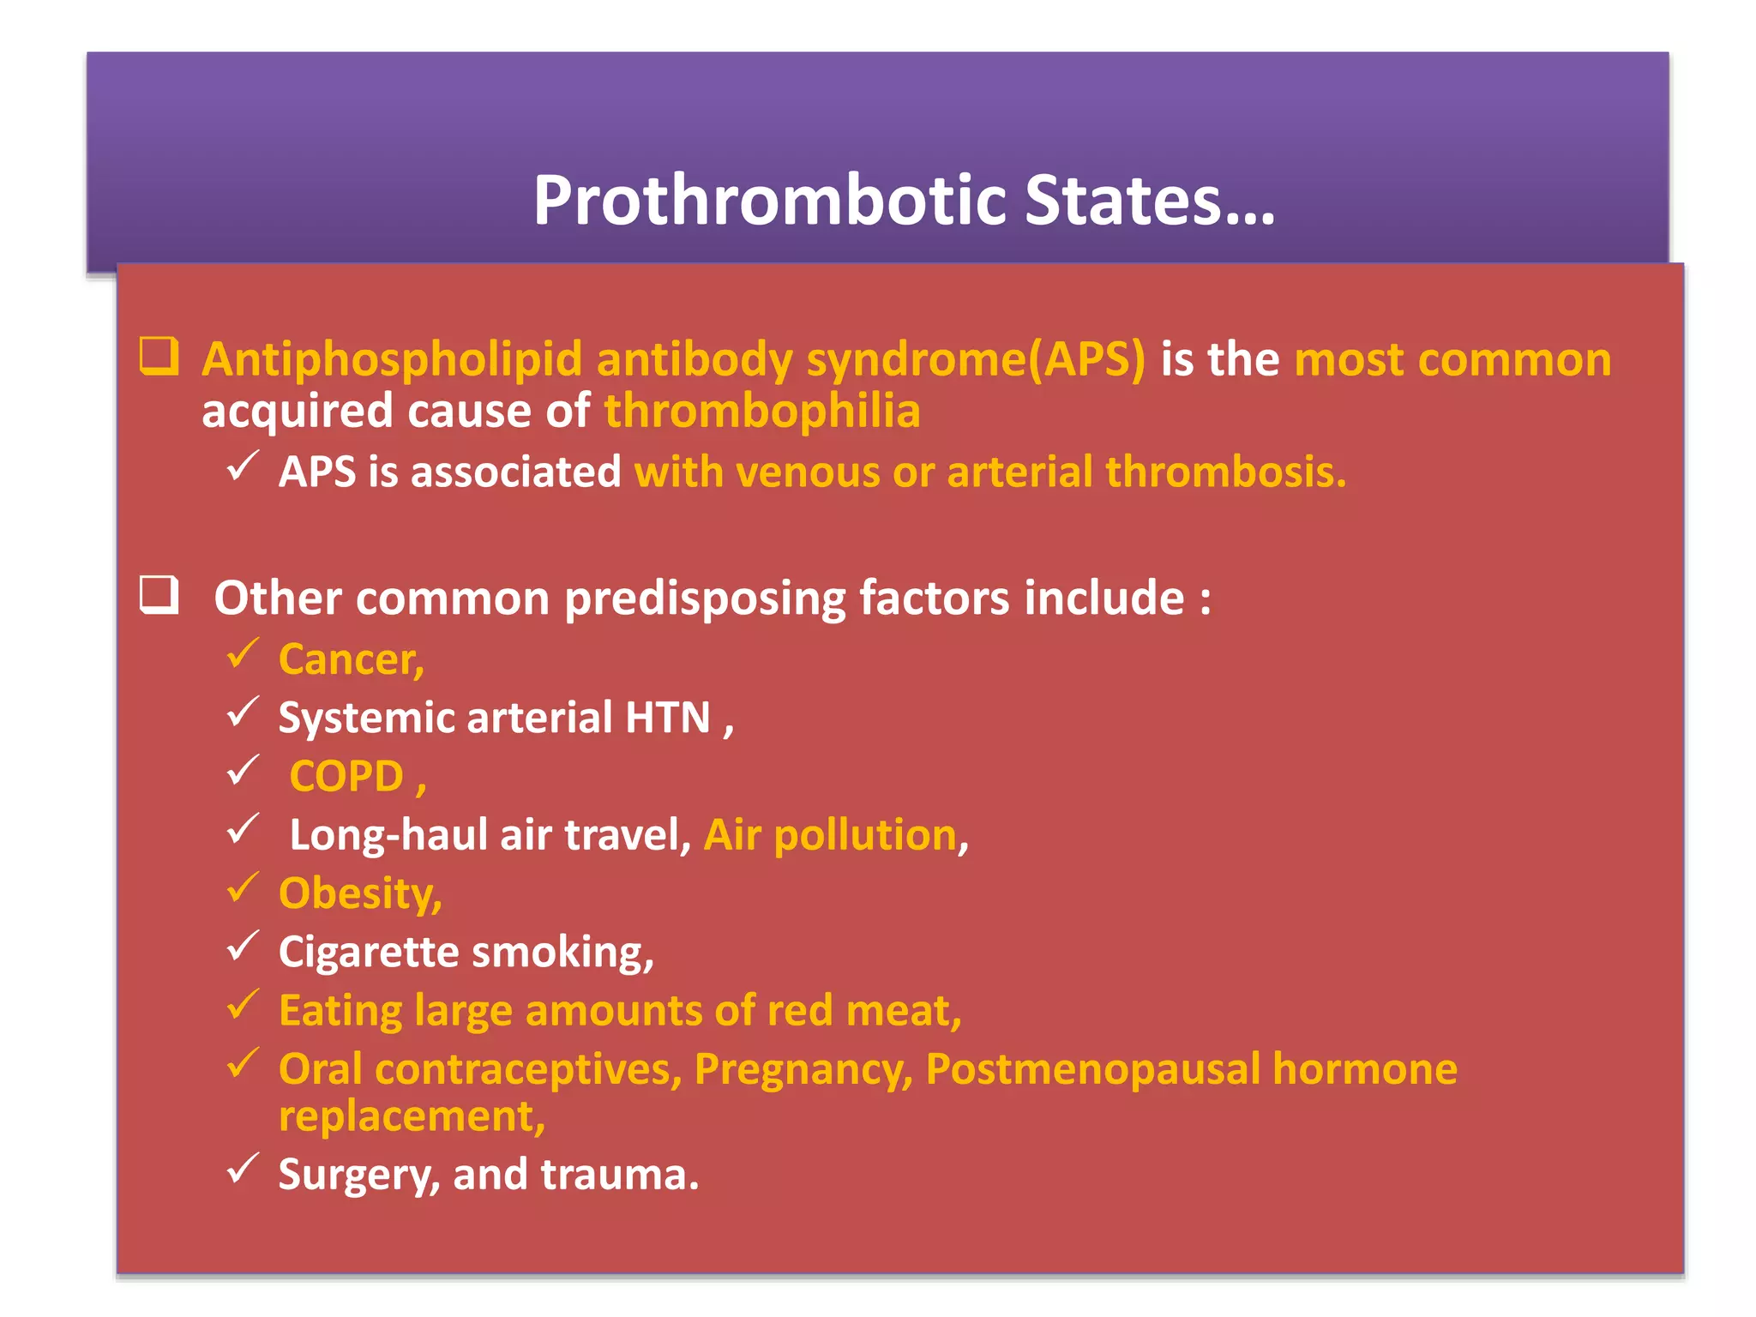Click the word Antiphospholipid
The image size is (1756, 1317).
392,359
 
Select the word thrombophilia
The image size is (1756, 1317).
761,411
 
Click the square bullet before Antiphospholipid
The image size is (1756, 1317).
159,356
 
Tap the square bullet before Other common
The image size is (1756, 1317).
159,594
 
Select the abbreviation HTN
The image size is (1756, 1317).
667,718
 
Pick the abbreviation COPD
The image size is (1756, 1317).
346,777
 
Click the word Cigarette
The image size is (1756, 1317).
369,953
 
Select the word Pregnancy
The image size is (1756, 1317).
803,1070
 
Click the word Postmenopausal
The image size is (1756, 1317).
1091,1070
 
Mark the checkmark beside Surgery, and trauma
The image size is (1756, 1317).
243,1169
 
